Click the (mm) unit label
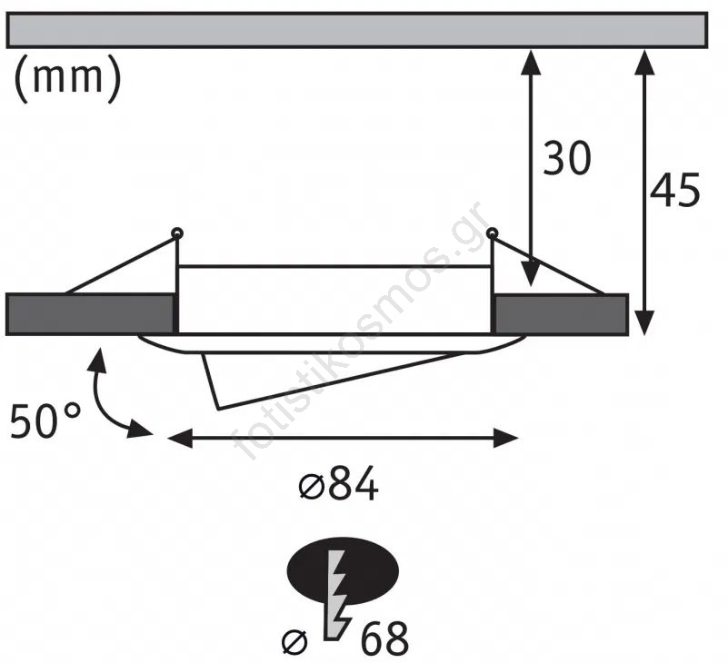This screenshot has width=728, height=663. (x=68, y=77)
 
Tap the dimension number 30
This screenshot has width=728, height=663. (x=567, y=158)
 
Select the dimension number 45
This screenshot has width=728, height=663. (x=674, y=190)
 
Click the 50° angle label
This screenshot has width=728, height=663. (x=45, y=421)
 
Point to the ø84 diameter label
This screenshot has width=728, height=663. (x=338, y=484)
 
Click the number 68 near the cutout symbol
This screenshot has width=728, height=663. (x=384, y=638)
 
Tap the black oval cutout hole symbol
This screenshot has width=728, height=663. (x=344, y=570)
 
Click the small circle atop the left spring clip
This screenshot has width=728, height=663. (x=177, y=233)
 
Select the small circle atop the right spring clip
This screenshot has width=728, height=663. (x=492, y=233)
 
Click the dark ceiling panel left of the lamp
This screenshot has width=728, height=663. (x=90, y=314)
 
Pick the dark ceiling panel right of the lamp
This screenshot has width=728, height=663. (x=562, y=314)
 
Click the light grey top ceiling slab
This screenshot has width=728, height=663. (x=356, y=31)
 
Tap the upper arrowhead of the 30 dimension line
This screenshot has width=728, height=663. (x=530, y=62)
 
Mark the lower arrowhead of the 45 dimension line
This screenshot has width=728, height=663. (x=644, y=323)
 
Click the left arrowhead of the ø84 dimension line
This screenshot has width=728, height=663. (x=180, y=438)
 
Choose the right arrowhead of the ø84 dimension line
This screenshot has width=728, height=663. (x=505, y=438)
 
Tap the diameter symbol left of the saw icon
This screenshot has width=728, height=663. (x=294, y=642)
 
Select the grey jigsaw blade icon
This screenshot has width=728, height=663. (x=337, y=595)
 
